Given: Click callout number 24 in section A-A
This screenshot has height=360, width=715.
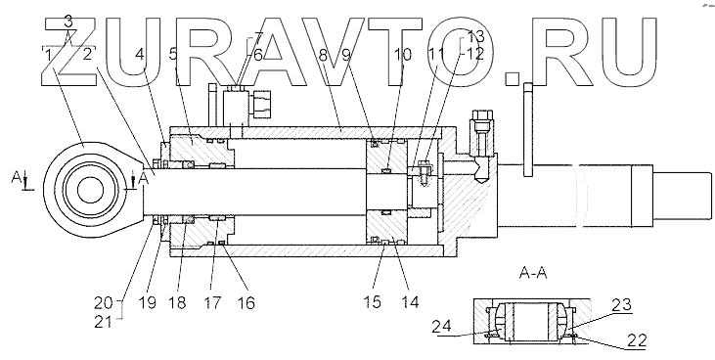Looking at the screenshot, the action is pos(441,326).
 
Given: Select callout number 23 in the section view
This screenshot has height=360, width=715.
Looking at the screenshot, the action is pos(621,304).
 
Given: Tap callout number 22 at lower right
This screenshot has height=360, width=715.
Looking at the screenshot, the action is pos(636,340).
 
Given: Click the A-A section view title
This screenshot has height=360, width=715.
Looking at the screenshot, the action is pos(533,273).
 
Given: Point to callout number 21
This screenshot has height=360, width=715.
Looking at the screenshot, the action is pos(103,322).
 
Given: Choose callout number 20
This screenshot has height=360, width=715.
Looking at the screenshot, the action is pos(103,302).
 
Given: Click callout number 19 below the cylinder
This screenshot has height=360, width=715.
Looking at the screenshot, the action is pos(148,302).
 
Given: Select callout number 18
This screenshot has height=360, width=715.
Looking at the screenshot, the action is pos(177,302).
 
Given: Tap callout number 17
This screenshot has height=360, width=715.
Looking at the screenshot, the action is pos(212,302).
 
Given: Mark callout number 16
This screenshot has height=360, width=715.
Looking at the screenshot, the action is pos(246,302).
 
